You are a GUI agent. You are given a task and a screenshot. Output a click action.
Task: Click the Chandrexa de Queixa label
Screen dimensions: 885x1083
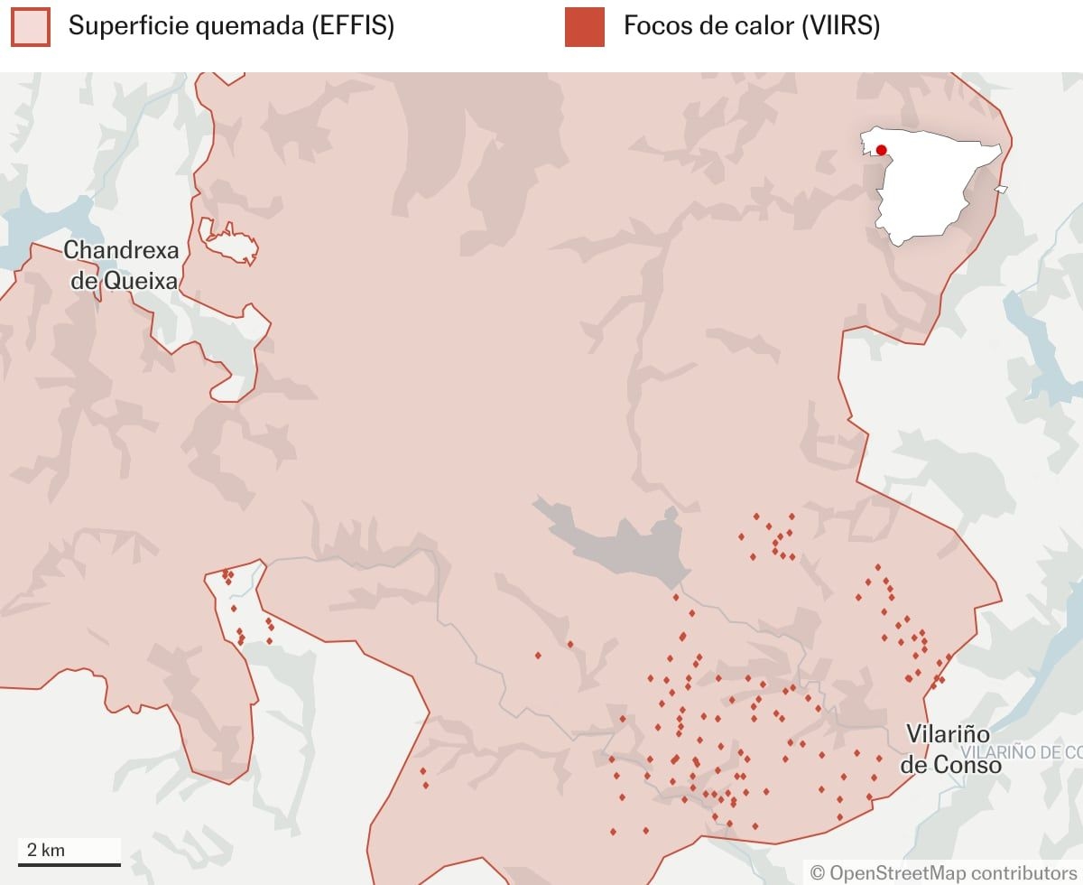pyautogui.click(x=121, y=265)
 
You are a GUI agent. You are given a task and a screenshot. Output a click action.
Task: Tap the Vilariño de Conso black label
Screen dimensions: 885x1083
pyautogui.click(x=949, y=749)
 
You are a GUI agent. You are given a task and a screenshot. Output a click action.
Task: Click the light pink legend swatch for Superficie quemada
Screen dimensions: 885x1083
pyautogui.click(x=30, y=26)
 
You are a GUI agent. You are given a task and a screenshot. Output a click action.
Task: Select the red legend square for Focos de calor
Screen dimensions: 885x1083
pyautogui.click(x=584, y=26)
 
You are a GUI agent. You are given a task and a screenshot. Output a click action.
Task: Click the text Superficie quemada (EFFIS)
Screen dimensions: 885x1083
pyautogui.click(x=231, y=26)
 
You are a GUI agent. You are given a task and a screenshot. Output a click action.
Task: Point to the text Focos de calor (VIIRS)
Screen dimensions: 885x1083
pyautogui.click(x=751, y=26)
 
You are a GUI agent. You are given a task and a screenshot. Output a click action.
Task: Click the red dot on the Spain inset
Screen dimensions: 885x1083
pyautogui.click(x=881, y=150)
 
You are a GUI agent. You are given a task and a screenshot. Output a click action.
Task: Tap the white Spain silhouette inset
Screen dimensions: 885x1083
pyautogui.click(x=930, y=190)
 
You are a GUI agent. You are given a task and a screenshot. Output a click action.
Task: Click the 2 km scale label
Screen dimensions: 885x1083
pyautogui.click(x=45, y=850)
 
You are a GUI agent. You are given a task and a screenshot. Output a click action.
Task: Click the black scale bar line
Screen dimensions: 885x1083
pyautogui.click(x=69, y=865)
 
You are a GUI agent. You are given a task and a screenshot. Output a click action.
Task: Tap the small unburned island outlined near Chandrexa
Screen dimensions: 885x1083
pyautogui.click(x=227, y=242)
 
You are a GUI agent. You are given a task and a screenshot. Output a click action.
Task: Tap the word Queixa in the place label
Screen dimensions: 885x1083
pyautogui.click(x=140, y=281)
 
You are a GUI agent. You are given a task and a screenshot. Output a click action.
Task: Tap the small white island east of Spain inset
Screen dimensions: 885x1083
pyautogui.click(x=1001, y=189)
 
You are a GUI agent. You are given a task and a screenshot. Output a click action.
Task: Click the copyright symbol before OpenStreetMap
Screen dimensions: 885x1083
pyautogui.click(x=818, y=872)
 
